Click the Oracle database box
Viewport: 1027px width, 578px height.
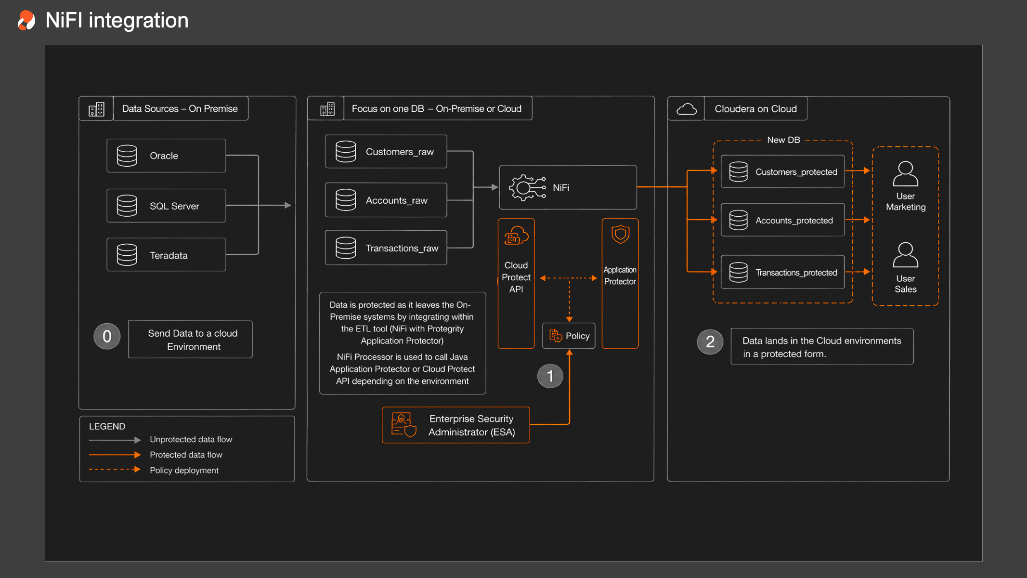click(x=166, y=156)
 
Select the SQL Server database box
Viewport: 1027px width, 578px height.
click(x=166, y=206)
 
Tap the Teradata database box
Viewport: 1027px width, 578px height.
click(x=166, y=255)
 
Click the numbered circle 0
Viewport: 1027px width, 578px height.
click(x=107, y=336)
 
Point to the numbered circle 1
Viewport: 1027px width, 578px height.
click(x=550, y=376)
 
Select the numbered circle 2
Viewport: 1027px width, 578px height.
click(x=710, y=342)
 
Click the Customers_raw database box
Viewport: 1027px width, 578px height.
click(x=386, y=152)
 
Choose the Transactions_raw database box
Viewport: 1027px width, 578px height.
click(x=386, y=248)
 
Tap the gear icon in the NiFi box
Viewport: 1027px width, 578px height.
click(x=527, y=187)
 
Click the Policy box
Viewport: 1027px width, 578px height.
click(x=569, y=336)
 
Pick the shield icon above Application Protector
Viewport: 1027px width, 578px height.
click(x=620, y=235)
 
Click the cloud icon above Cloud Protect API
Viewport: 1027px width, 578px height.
click(x=516, y=236)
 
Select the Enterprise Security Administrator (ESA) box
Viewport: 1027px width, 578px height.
click(x=456, y=425)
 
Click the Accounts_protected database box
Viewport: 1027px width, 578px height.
click(x=782, y=220)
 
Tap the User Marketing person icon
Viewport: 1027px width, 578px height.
click(x=905, y=174)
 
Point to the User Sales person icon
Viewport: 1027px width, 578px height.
click(x=905, y=255)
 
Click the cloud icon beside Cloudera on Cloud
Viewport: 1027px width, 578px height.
click(x=686, y=109)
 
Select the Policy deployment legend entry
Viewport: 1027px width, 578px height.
click(x=154, y=470)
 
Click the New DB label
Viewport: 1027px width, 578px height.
click(x=783, y=140)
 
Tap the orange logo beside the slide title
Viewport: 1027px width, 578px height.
click(x=26, y=20)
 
